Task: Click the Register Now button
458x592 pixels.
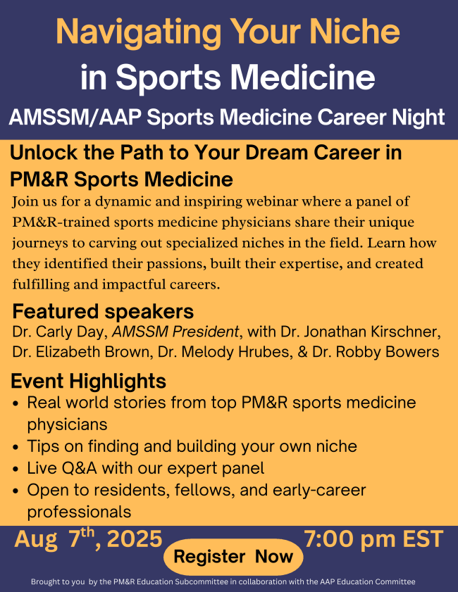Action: tap(233, 558)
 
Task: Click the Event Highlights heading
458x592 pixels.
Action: tap(89, 382)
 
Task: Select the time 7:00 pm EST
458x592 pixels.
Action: tap(373, 540)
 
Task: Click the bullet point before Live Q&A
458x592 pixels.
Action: tap(16, 468)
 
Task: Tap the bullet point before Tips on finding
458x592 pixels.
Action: tap(16, 446)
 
